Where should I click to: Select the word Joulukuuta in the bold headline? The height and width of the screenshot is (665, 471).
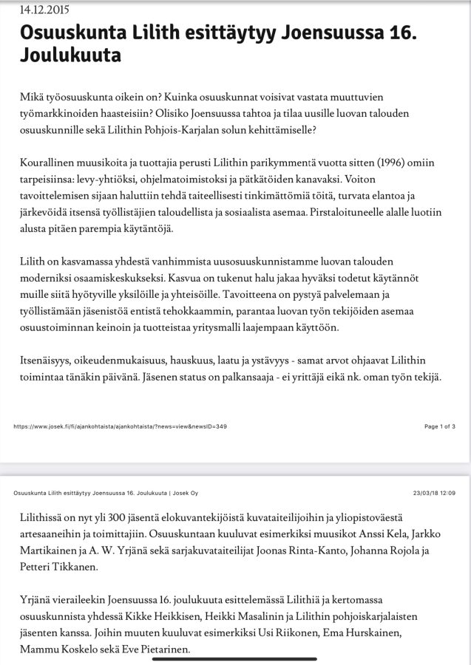pyautogui.click(x=70, y=55)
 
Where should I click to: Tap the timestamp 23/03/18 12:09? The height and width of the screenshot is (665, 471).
pyautogui.click(x=434, y=493)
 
